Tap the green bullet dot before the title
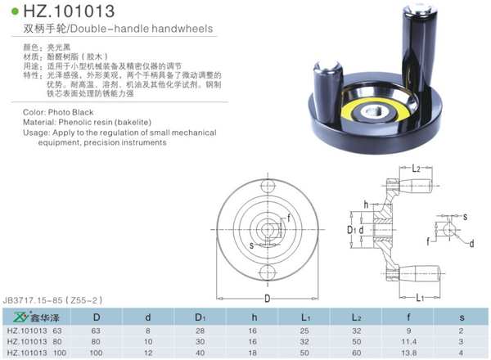click(x=16, y=13)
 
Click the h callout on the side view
click(x=366, y=202)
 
